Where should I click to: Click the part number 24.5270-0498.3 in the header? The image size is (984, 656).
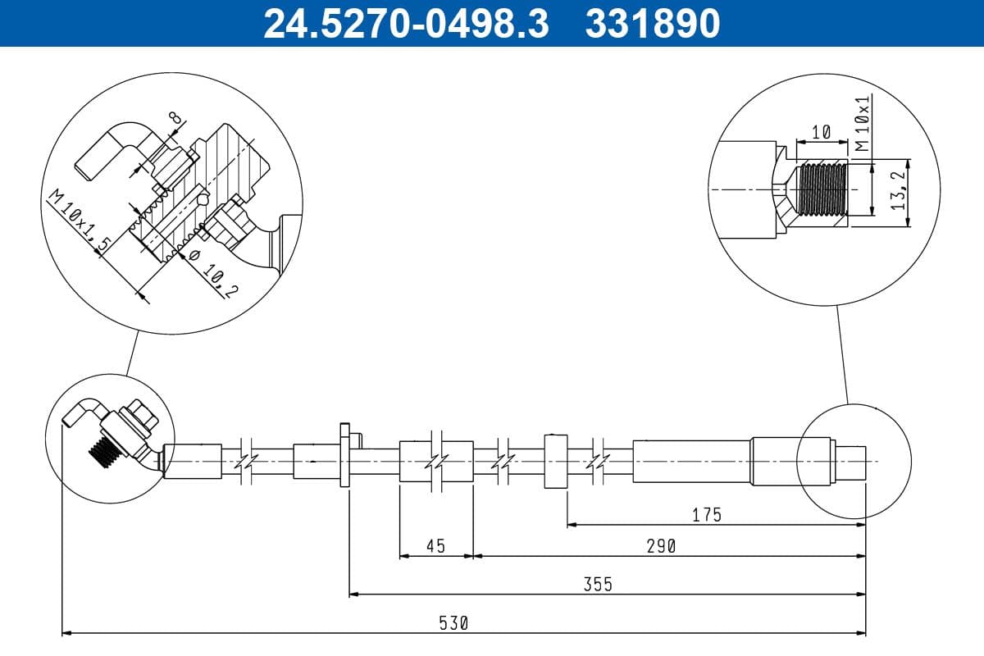pyautogui.click(x=405, y=23)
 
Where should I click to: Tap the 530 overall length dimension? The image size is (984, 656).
pyautogui.click(x=452, y=623)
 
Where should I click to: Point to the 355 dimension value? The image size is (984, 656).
pyautogui.click(x=598, y=584)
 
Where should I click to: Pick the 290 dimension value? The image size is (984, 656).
pyautogui.click(x=660, y=545)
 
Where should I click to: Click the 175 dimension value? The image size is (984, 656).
pyautogui.click(x=706, y=514)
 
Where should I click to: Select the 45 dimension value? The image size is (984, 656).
pyautogui.click(x=435, y=545)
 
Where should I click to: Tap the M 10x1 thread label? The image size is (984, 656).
pyautogui.click(x=861, y=124)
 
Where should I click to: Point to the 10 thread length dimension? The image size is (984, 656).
pyautogui.click(x=821, y=131)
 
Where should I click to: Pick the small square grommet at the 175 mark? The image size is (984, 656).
pyautogui.click(x=555, y=462)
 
